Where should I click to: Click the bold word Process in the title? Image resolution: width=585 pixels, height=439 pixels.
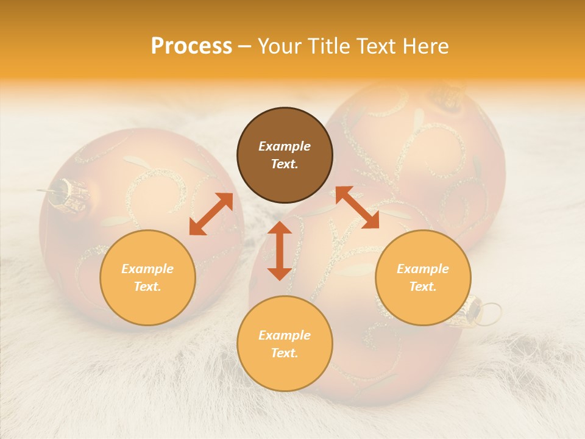(191, 46)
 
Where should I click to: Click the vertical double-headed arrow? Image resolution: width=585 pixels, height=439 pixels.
(280, 251)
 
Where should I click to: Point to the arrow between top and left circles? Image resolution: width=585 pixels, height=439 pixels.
(211, 214)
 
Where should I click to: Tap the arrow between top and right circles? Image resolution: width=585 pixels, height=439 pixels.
(357, 207)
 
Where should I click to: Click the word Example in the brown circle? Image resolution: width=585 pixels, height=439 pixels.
(285, 146)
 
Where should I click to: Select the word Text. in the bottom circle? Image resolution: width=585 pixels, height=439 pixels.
(285, 353)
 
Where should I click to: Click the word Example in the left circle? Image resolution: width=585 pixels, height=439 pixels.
(147, 269)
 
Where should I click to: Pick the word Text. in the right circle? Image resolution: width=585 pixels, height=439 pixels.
(423, 287)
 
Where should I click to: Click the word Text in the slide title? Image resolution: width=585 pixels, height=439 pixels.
(376, 46)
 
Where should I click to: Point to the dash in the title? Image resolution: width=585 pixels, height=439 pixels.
(245, 47)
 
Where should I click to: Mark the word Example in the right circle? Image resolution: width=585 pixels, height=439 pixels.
(423, 269)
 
